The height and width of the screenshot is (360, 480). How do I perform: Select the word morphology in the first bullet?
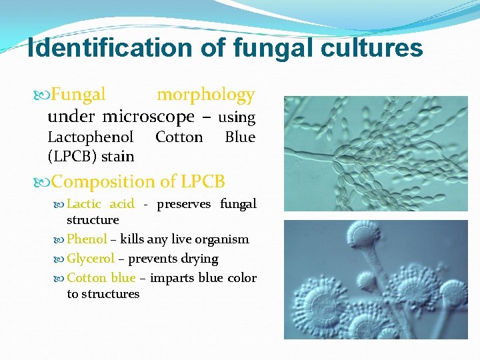click(x=205, y=95)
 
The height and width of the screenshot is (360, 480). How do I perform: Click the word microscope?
click(x=149, y=117)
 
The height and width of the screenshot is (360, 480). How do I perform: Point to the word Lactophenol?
click(x=91, y=137)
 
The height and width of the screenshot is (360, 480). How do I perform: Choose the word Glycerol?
click(x=91, y=259)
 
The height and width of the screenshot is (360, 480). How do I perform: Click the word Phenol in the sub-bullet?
click(x=87, y=239)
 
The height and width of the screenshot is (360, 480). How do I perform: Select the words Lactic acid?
click(x=100, y=204)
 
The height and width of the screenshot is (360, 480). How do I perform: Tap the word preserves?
click(x=183, y=204)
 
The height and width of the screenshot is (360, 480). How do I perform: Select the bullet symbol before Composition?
click(x=44, y=182)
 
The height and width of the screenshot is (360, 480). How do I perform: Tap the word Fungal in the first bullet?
click(x=79, y=95)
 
